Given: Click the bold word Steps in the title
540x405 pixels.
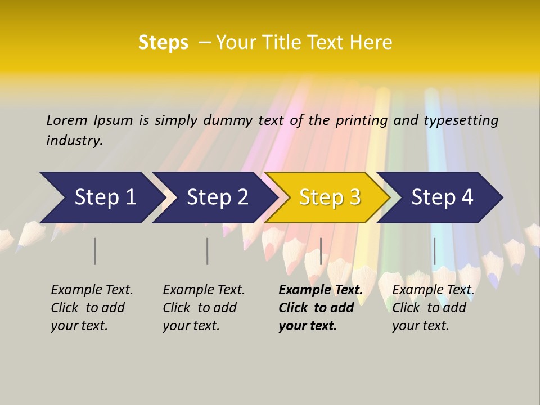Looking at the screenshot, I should click(163, 43).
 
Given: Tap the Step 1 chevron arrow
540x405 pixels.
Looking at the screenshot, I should click(101, 197).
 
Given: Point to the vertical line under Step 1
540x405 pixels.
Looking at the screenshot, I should click(95, 251).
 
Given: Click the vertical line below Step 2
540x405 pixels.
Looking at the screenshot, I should click(208, 251).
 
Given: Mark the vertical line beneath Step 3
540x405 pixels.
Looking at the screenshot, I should click(321, 251).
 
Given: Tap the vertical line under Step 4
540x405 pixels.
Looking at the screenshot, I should click(434, 251).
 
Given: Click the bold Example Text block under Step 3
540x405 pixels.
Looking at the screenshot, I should click(321, 308).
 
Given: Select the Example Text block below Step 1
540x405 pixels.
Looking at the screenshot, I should click(92, 308).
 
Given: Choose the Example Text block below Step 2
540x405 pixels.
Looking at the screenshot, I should click(204, 308).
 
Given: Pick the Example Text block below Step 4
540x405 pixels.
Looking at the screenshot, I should click(433, 308).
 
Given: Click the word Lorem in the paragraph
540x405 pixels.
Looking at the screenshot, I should click(67, 120).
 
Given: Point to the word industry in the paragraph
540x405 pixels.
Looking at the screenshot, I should click(74, 141).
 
